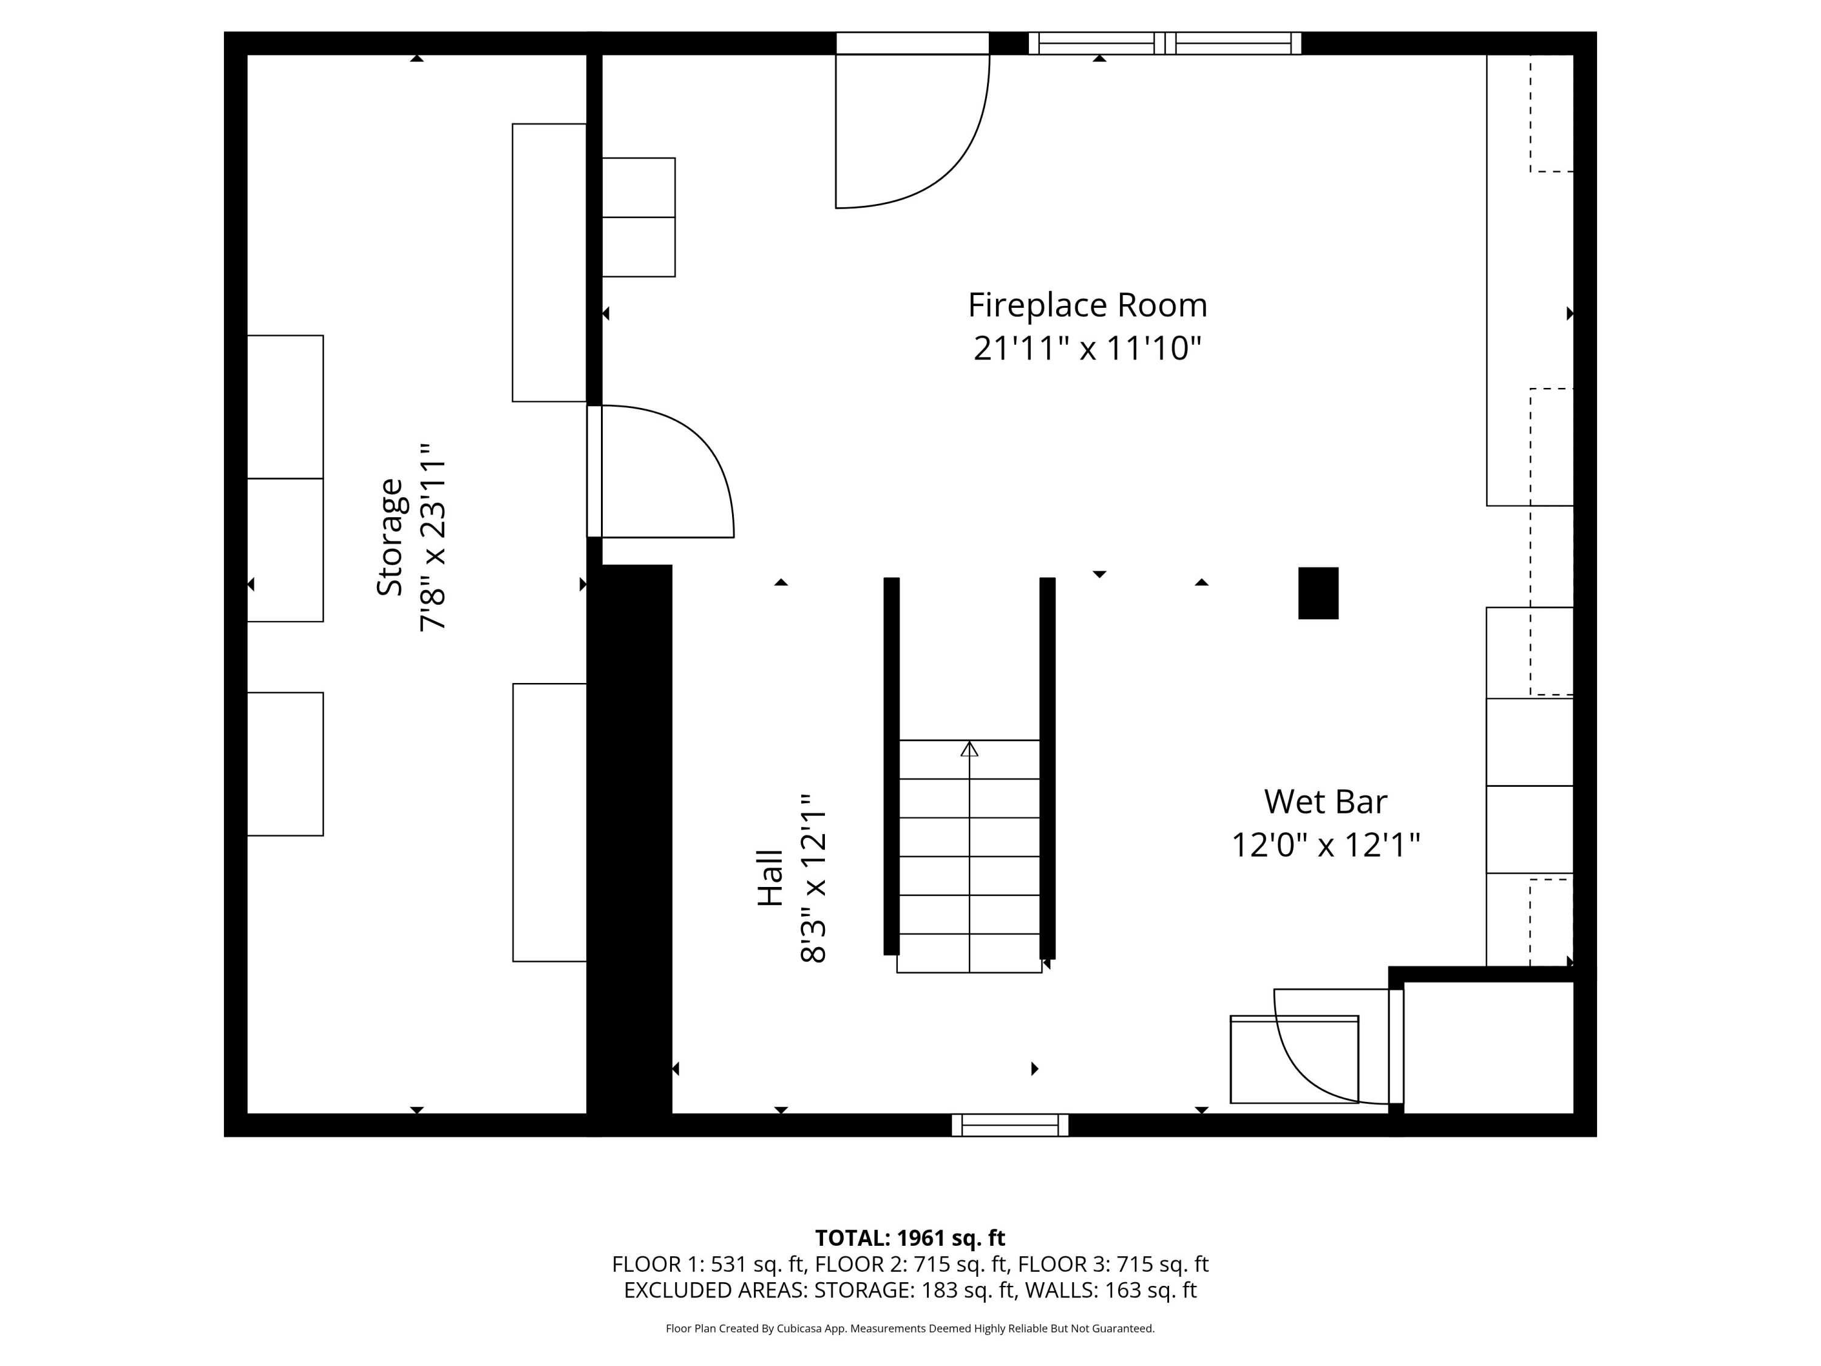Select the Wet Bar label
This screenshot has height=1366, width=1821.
(x=1326, y=801)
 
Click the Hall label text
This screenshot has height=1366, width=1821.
(x=770, y=878)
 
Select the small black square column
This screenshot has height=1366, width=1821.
(x=1318, y=593)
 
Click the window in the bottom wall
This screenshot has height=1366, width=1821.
(x=1010, y=1125)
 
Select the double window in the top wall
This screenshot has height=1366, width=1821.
(x=1165, y=43)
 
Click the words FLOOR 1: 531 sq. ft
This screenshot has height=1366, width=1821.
(x=710, y=1264)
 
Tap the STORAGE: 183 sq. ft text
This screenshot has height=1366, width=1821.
(x=914, y=1290)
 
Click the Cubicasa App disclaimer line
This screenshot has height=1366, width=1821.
(x=910, y=1328)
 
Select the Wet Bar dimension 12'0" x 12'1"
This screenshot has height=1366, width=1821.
(x=1326, y=845)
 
